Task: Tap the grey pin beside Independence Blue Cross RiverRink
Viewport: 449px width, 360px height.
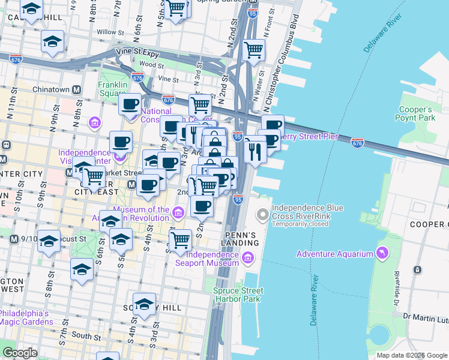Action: [262, 214]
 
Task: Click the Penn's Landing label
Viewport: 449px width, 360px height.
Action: [241, 238]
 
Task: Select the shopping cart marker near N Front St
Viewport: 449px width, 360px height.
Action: [254, 50]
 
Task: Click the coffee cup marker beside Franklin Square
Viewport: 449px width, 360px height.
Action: [130, 104]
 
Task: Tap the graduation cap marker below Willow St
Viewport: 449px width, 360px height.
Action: [52, 41]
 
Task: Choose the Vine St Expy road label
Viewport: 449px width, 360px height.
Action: [139, 52]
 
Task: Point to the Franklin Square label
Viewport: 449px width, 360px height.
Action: [112, 89]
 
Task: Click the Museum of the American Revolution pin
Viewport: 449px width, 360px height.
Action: [178, 213]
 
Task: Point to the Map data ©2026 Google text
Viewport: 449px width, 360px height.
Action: [412, 355]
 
